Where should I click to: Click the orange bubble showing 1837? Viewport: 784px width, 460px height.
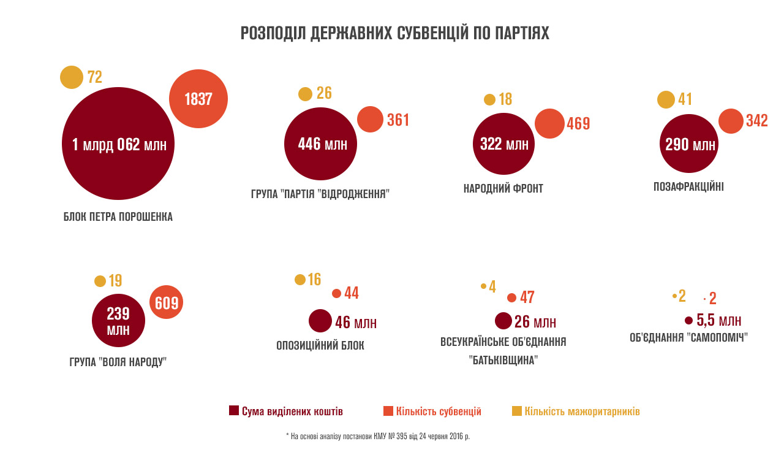coord(198,99)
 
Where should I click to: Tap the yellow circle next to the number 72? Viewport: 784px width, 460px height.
coord(72,77)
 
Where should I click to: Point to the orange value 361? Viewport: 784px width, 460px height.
coord(398,120)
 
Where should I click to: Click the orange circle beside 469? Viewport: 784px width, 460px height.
coord(549,123)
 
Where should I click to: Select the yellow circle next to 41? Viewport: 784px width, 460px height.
coord(666,99)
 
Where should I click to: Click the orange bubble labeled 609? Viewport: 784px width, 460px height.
coord(167,302)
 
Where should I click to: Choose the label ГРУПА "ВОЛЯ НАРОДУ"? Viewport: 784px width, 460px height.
coord(118,362)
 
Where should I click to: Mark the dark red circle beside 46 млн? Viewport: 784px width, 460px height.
coord(320,321)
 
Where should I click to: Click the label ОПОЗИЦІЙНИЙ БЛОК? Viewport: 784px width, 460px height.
coord(320,345)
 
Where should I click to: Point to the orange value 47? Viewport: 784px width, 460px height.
coord(527,298)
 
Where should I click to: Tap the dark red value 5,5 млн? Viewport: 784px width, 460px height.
coord(719,321)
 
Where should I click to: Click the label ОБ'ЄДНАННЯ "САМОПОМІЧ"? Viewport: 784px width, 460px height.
coord(689,338)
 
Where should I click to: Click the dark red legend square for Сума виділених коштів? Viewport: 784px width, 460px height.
coord(233,411)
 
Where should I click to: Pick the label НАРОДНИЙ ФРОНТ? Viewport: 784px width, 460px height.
coord(503,188)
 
